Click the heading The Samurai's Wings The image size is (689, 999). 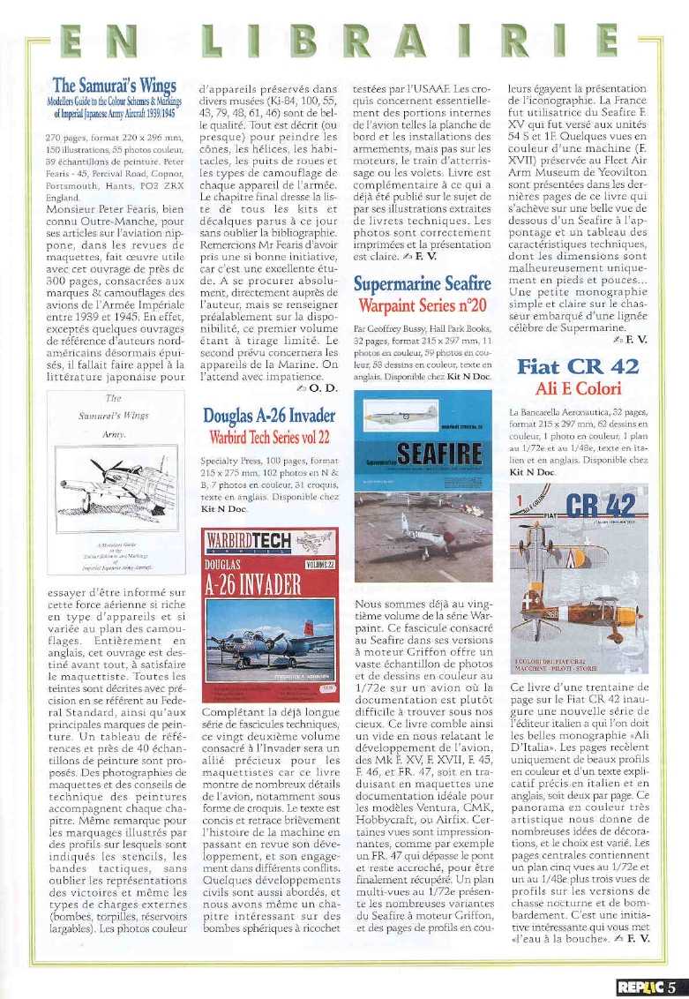[x=116, y=86]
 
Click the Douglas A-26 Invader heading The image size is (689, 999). [x=269, y=415]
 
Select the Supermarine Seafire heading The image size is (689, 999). [x=423, y=285]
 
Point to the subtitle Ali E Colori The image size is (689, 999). [x=578, y=388]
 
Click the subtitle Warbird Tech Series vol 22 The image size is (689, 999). [x=269, y=437]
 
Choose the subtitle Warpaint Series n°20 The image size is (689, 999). [x=423, y=307]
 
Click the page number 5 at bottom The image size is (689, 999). [x=672, y=988]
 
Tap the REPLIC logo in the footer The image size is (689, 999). [x=640, y=988]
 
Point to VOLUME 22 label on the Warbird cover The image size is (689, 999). [x=318, y=562]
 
